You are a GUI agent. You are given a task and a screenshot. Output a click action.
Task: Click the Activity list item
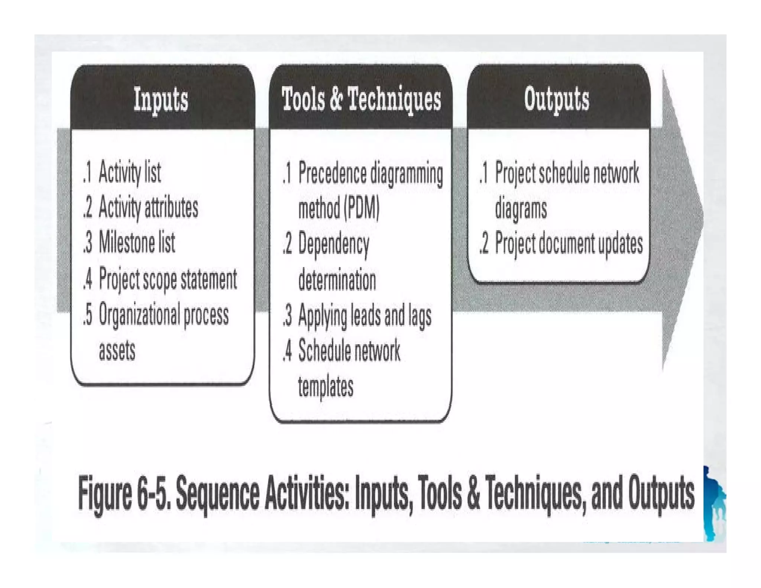(x=129, y=172)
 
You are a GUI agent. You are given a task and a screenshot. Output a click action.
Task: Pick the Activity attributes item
(x=148, y=207)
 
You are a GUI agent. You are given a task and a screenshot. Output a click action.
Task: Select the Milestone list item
(x=136, y=242)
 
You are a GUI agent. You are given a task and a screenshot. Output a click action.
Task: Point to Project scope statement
(x=167, y=279)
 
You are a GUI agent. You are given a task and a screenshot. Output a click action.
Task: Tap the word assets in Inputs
(x=117, y=350)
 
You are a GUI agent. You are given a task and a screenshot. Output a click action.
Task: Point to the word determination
(x=337, y=280)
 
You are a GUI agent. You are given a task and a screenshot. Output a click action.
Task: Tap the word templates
(x=326, y=387)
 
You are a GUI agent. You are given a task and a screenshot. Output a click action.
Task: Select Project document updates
(x=569, y=244)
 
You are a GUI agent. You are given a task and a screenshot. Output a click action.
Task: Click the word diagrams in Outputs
(x=521, y=208)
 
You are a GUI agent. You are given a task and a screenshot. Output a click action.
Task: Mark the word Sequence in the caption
(x=217, y=494)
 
